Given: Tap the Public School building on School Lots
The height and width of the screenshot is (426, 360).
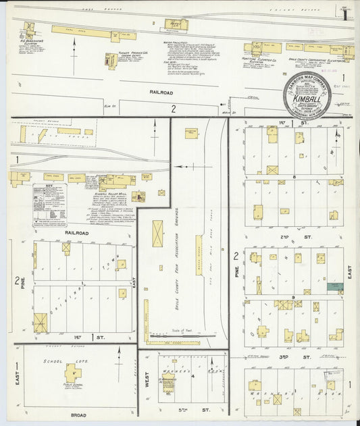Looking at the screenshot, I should pos(73,372).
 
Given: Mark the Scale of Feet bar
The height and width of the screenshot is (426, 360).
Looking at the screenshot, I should pos(180,334).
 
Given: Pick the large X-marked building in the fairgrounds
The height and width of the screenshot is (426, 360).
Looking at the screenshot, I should pos(157,233).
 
